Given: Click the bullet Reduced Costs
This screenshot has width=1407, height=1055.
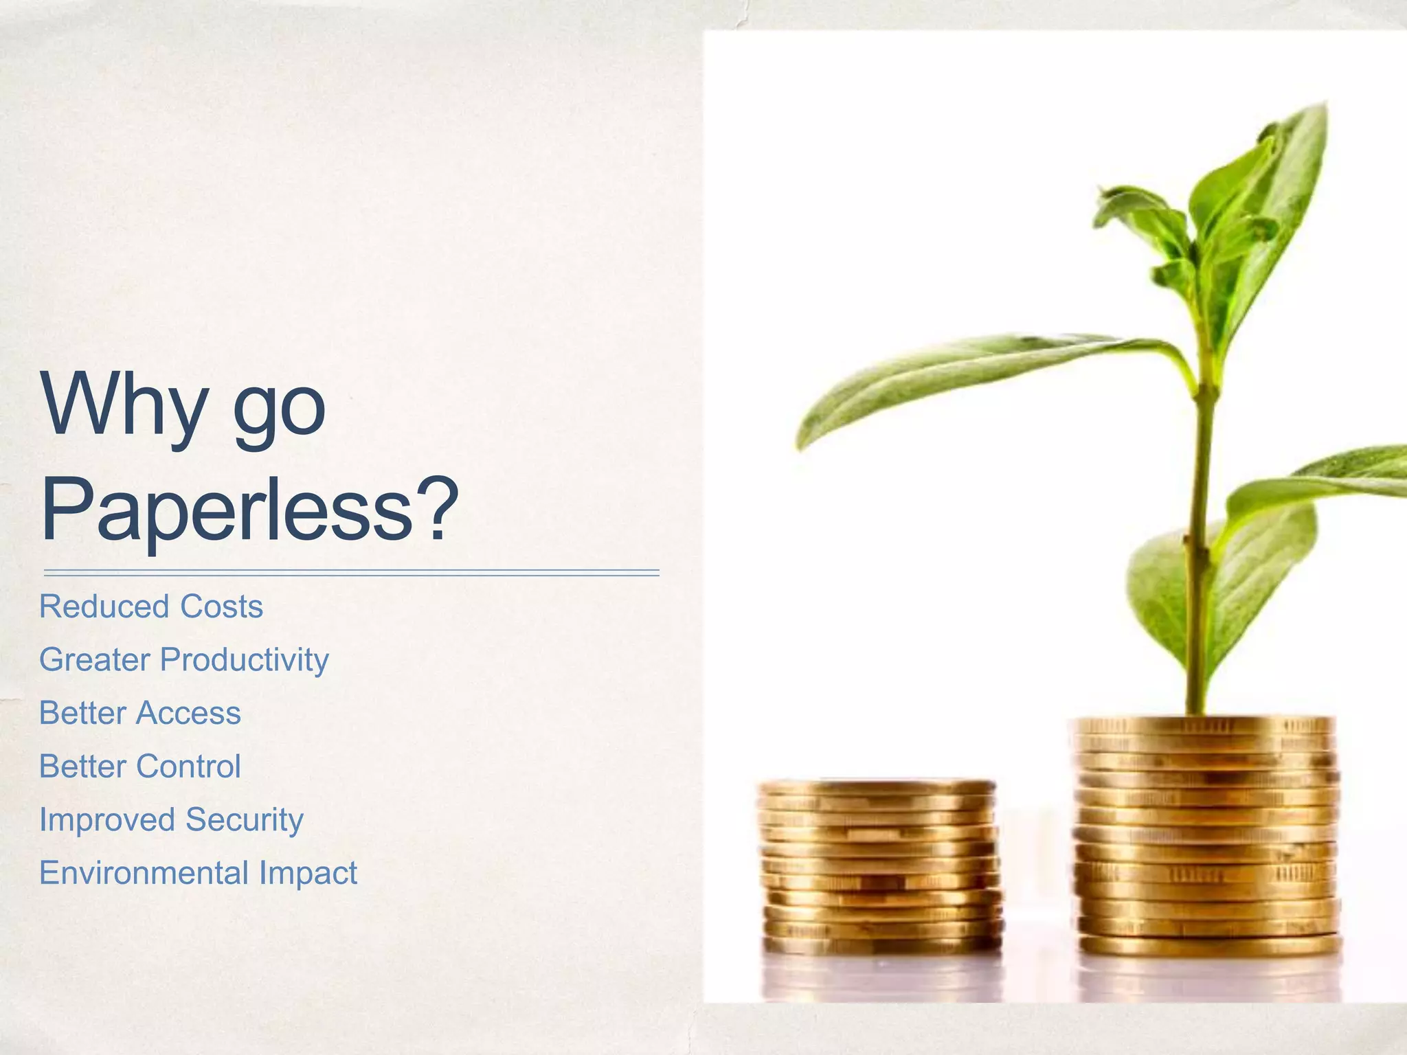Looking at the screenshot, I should click(x=151, y=606).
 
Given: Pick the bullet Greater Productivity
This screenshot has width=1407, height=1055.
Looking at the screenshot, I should click(x=184, y=660).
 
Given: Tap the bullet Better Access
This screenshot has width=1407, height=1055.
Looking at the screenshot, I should click(x=140, y=713).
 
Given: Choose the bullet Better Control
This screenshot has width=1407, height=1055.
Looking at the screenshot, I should click(x=140, y=767).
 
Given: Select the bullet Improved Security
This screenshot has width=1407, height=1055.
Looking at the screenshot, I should click(x=171, y=820).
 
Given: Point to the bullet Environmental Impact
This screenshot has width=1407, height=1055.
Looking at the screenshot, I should click(x=198, y=873).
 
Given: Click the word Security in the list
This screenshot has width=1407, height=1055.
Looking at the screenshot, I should click(x=244, y=820).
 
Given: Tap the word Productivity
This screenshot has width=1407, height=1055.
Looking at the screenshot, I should click(x=245, y=660).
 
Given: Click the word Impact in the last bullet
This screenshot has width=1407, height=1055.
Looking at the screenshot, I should click(x=308, y=874).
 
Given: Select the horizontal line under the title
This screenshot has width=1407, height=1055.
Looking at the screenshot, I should click(x=351, y=572).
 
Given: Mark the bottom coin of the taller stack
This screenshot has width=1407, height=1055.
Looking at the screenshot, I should click(x=1209, y=946).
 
